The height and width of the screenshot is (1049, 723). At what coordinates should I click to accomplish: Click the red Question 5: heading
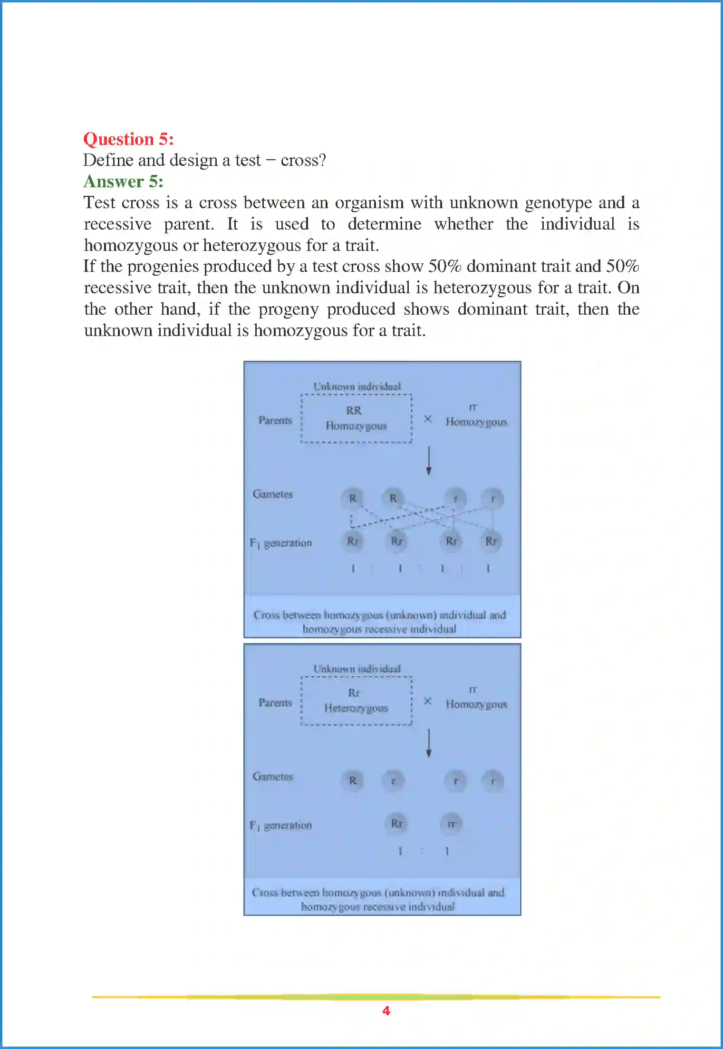click(128, 139)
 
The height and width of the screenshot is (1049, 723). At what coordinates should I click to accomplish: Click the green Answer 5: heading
click(123, 182)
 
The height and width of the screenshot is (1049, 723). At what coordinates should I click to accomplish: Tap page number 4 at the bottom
click(386, 1011)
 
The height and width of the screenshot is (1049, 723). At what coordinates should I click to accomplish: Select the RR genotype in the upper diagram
click(354, 410)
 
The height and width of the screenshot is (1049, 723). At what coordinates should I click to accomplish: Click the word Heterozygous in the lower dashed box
click(356, 708)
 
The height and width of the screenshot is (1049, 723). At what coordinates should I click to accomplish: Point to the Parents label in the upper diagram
click(275, 420)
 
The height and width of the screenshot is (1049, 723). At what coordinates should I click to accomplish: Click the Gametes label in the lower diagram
click(272, 776)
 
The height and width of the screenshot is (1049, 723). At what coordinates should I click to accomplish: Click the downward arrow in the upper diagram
click(429, 460)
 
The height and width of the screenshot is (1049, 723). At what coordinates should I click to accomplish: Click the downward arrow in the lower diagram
click(429, 742)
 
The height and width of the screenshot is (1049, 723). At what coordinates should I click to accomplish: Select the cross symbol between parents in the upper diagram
click(428, 419)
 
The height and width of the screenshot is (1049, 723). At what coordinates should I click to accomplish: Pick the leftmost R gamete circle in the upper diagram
click(352, 498)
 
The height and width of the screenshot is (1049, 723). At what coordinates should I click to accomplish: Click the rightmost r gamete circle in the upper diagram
click(493, 499)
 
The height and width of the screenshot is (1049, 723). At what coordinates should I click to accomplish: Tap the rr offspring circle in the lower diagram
click(451, 824)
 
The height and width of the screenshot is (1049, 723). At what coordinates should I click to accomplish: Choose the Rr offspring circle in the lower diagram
click(396, 823)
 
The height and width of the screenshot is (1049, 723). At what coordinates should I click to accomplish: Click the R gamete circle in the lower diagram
click(352, 780)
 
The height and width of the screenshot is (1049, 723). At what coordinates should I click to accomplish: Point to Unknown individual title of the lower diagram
click(357, 669)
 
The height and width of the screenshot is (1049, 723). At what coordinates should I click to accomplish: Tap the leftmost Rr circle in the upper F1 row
click(352, 541)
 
